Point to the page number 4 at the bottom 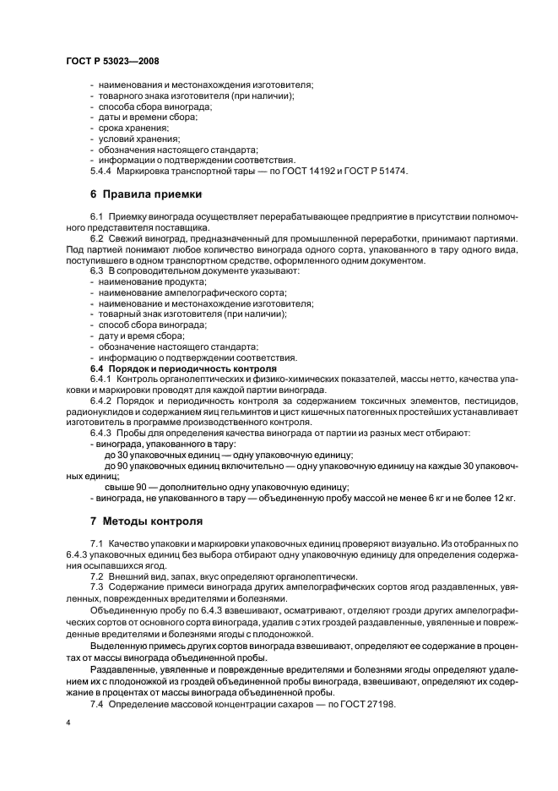(68, 723)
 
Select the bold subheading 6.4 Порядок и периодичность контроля (183, 368)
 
